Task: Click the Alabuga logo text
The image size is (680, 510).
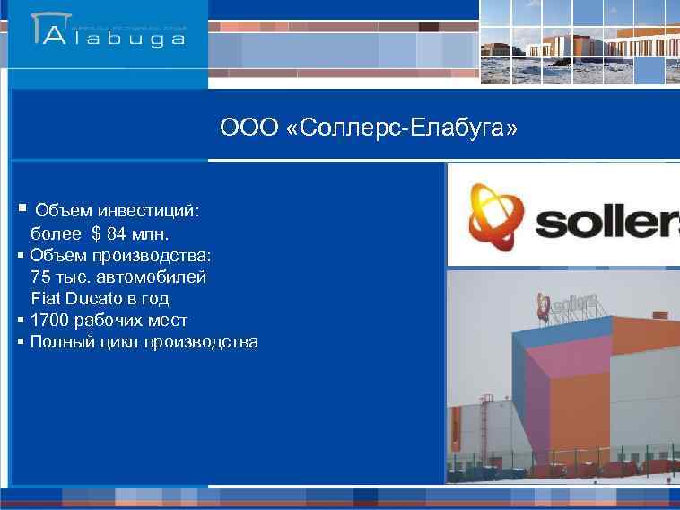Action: click(114, 38)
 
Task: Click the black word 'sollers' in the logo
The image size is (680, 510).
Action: click(606, 218)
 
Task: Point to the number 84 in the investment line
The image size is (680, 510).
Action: click(117, 234)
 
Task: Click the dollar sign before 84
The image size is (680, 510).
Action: click(96, 234)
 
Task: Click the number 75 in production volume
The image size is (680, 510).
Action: click(39, 277)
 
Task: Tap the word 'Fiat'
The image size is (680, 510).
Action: click(46, 298)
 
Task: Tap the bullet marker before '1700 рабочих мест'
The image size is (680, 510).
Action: click(21, 320)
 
